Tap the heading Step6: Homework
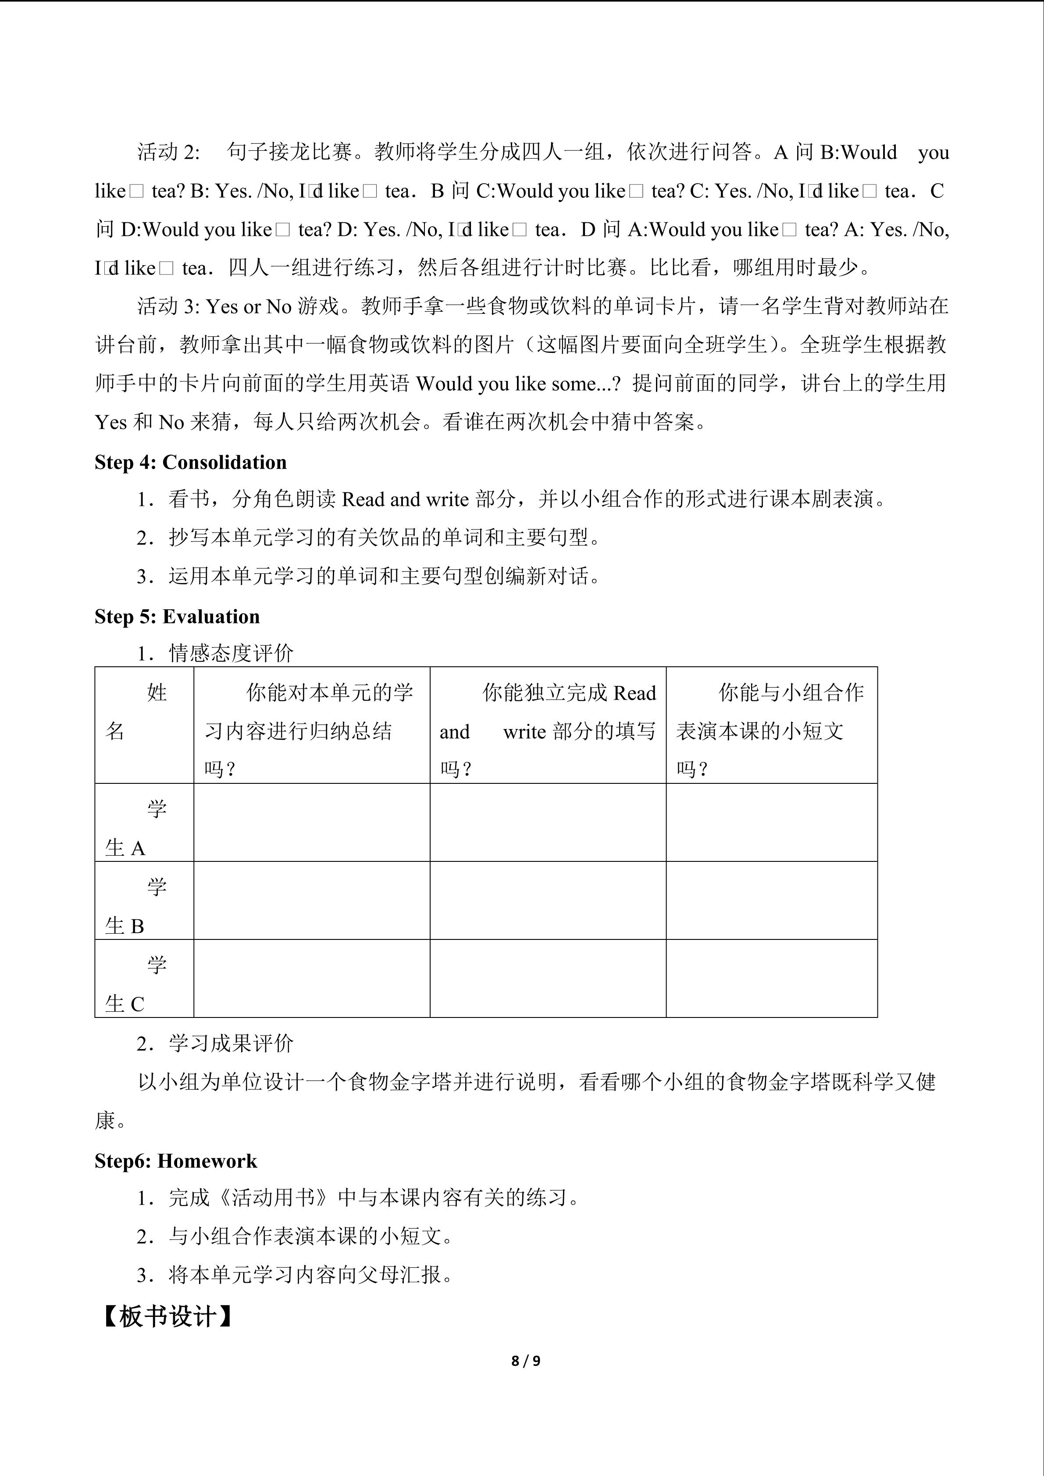pos(175,1161)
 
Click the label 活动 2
pos(168,153)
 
